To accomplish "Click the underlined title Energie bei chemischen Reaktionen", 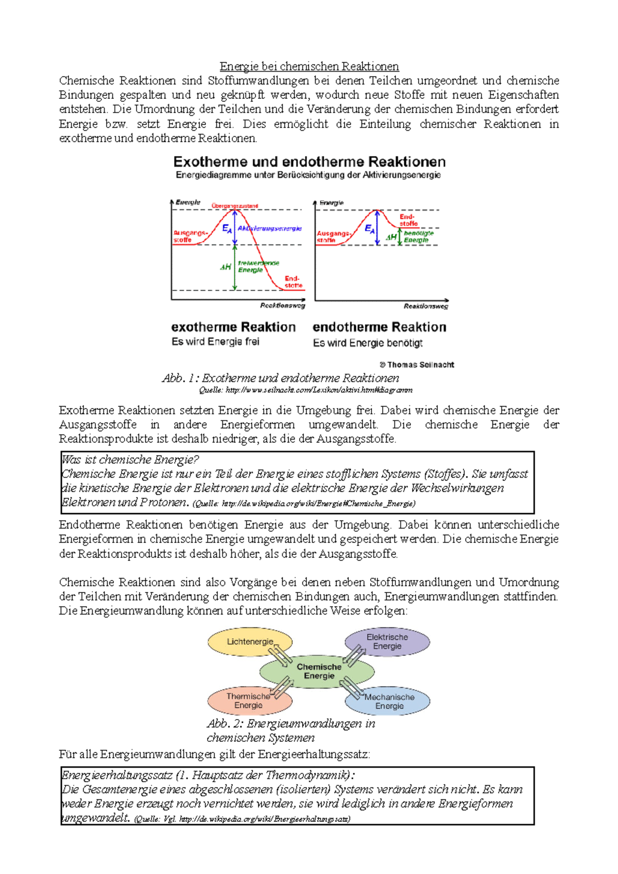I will point(309,66).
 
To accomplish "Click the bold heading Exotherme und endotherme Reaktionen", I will point(309,162).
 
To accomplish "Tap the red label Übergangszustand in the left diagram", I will point(235,206).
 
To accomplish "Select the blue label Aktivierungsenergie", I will point(270,228).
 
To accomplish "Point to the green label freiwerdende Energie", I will point(258,266).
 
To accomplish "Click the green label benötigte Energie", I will point(418,236).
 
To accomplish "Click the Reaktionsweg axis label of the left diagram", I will point(282,305).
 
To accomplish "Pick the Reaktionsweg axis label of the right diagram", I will point(425,306).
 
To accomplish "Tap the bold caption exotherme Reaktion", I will point(233,327).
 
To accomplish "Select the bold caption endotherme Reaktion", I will point(379,327).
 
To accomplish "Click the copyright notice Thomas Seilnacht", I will point(417,364).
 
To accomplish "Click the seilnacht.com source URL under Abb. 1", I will point(319,390).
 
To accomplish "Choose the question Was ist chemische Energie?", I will point(130,460).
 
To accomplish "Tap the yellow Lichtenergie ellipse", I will point(250,642).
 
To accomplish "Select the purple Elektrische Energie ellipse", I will point(387,641).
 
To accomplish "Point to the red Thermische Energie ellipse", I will point(248,701).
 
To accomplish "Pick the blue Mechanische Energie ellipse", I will point(389,701).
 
